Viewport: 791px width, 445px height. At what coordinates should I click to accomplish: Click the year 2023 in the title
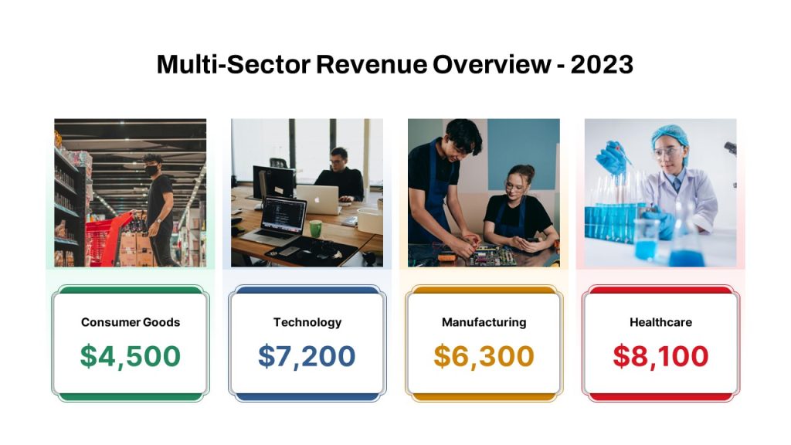point(602,64)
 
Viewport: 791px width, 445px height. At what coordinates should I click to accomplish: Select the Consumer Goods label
point(131,322)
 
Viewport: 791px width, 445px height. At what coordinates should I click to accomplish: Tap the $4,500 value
point(131,356)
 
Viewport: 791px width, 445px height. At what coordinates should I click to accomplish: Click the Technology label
point(307,322)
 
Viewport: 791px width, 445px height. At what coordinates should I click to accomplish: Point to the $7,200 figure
point(307,356)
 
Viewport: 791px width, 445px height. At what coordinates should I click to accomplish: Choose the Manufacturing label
point(484,322)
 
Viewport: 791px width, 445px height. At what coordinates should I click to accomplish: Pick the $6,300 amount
point(484,356)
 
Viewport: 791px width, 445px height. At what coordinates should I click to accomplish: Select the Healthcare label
point(661,322)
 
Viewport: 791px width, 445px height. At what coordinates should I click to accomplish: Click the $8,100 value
point(661,356)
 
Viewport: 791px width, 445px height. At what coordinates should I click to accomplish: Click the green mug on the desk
point(316,229)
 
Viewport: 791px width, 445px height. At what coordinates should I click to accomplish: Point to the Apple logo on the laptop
point(317,199)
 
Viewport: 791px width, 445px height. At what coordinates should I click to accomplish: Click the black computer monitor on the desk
point(274,182)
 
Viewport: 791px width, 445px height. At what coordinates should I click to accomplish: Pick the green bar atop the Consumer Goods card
point(131,290)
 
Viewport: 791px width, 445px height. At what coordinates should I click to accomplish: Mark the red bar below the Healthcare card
point(661,397)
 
